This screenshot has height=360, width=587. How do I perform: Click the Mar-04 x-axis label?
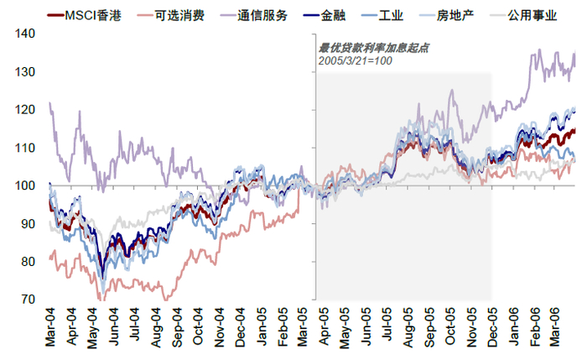pyautogui.click(x=53, y=326)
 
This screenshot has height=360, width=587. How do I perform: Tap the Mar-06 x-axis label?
pyautogui.click(x=553, y=326)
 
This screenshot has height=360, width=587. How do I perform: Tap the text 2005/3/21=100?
pyautogui.click(x=356, y=62)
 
